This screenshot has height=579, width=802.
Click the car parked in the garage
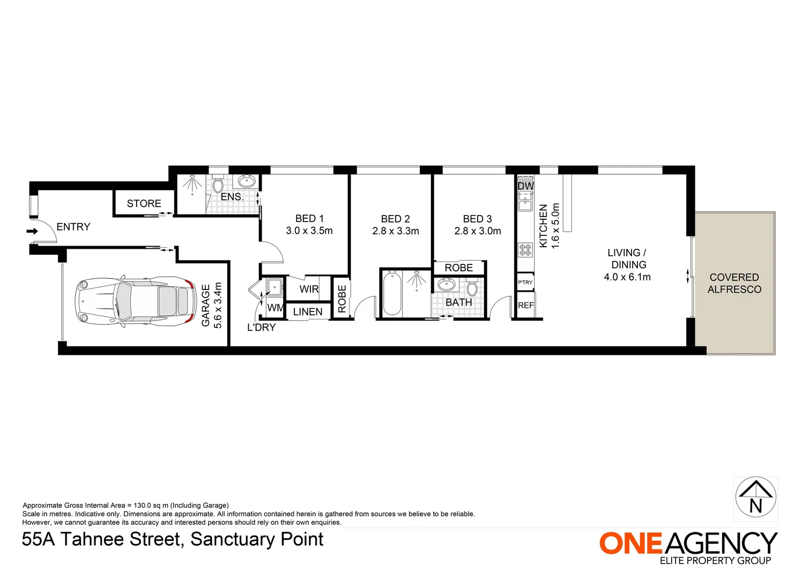pyautogui.click(x=136, y=300)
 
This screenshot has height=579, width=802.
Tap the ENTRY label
pyautogui.click(x=73, y=227)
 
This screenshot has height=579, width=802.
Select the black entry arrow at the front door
pyautogui.click(x=33, y=232)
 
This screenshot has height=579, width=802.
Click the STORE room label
pyautogui.click(x=144, y=204)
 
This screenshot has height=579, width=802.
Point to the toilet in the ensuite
pyautogui.click(x=218, y=185)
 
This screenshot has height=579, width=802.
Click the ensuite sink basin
pyautogui.click(x=247, y=181)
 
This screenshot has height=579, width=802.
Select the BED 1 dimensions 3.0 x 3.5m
pyautogui.click(x=309, y=231)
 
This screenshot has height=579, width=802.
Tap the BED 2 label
pyautogui.click(x=395, y=219)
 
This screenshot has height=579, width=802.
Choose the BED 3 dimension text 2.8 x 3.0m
pyautogui.click(x=478, y=231)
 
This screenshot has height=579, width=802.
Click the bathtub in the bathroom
pyautogui.click(x=391, y=293)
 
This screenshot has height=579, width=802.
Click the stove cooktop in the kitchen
pyautogui.click(x=525, y=250)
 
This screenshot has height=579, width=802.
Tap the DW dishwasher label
pyautogui.click(x=525, y=186)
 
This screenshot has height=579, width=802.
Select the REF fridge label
pyautogui.click(x=525, y=306)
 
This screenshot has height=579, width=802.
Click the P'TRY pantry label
pyautogui.click(x=525, y=283)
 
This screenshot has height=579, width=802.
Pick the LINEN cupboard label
pyautogui.click(x=308, y=312)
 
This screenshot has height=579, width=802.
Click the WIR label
pyautogui.click(x=309, y=289)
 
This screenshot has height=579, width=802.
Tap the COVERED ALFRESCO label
pyautogui.click(x=734, y=283)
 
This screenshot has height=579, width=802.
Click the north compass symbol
pyautogui.click(x=755, y=499)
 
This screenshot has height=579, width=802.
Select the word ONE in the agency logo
pyautogui.click(x=631, y=544)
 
